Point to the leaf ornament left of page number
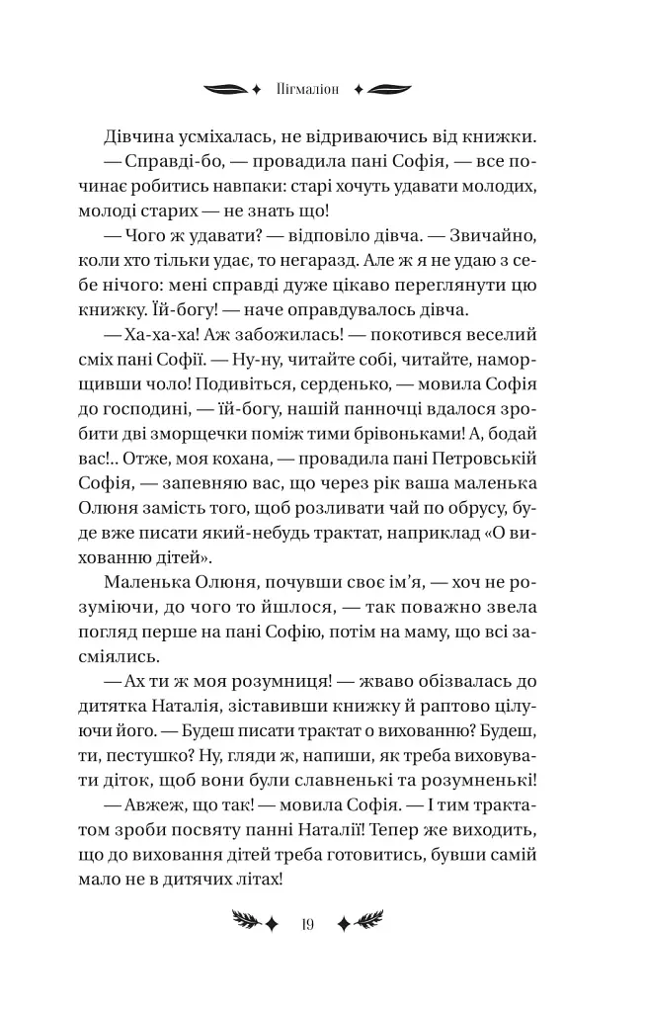(x=255, y=924)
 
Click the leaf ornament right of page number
(x=361, y=924)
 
